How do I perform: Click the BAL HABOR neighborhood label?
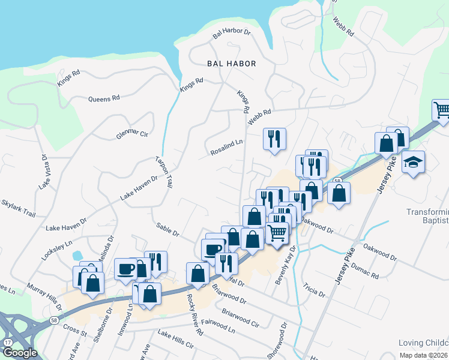click(x=231, y=63)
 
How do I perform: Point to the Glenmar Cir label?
click(x=132, y=134)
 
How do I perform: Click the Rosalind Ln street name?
click(x=226, y=148)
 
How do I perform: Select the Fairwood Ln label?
click(x=219, y=326)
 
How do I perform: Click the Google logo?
click(x=20, y=353)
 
